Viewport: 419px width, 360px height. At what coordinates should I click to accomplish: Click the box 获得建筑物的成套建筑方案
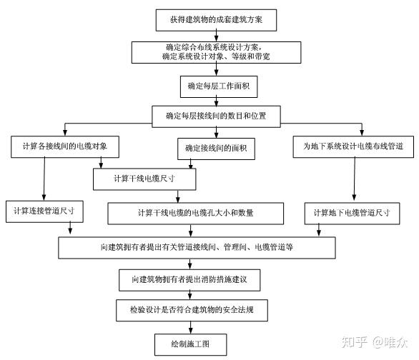click(x=216, y=20)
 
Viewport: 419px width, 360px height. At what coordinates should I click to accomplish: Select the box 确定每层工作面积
click(x=219, y=86)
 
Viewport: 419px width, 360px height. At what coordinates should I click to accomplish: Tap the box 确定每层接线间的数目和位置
click(x=216, y=116)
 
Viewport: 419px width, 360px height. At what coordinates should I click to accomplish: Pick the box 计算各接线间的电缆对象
click(x=65, y=146)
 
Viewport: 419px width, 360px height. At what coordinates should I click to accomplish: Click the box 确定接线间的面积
click(x=216, y=149)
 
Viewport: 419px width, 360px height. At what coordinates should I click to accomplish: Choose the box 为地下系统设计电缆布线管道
click(x=353, y=146)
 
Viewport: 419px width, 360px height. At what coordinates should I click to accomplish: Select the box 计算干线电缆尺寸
click(x=144, y=179)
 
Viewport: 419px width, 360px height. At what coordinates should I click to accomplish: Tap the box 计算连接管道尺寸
click(x=44, y=211)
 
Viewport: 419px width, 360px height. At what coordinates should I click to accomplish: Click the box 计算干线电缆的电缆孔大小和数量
click(x=196, y=214)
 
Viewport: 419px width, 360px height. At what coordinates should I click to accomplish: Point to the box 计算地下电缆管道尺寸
click(x=353, y=214)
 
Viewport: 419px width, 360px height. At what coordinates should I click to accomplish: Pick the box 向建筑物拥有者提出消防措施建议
click(x=189, y=280)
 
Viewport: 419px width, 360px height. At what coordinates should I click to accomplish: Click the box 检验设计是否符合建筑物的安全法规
click(x=192, y=310)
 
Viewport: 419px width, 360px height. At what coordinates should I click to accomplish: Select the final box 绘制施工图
click(x=190, y=344)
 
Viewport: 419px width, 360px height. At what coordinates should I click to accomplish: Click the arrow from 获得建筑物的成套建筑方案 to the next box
click(x=216, y=36)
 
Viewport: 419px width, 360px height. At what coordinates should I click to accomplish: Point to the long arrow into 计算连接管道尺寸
click(x=44, y=179)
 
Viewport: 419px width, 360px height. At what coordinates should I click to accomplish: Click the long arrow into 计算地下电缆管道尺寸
click(x=355, y=179)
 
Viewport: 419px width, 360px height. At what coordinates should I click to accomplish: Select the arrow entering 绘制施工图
click(x=190, y=327)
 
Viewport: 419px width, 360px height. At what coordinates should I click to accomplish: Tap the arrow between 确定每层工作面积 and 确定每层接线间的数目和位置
click(x=216, y=101)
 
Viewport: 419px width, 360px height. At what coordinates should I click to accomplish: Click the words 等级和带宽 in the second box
click(x=251, y=56)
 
